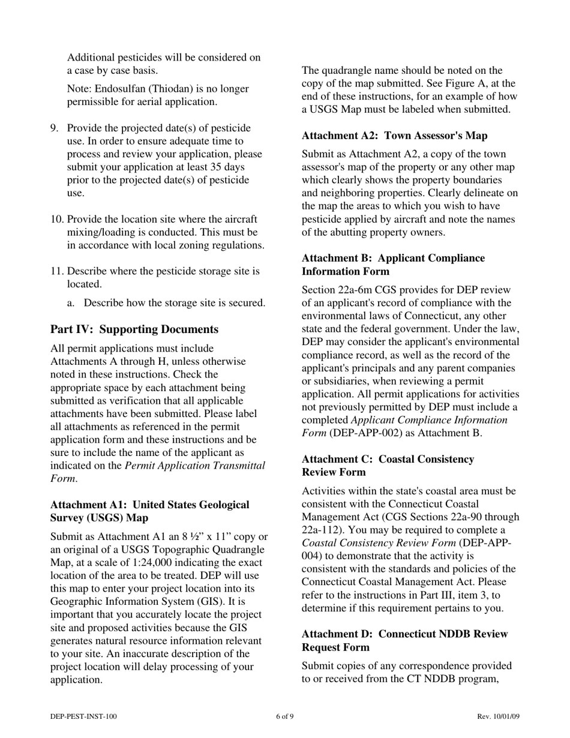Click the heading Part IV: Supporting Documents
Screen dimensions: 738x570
134,329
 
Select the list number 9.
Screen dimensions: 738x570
54,128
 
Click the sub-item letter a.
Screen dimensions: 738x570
71,303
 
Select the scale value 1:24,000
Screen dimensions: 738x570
148,563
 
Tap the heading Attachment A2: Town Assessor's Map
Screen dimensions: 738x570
394,136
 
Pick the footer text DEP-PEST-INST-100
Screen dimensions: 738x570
83,716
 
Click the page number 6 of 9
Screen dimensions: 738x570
284,716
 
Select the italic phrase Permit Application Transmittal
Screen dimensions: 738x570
194,466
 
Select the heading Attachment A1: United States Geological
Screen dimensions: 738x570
149,505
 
